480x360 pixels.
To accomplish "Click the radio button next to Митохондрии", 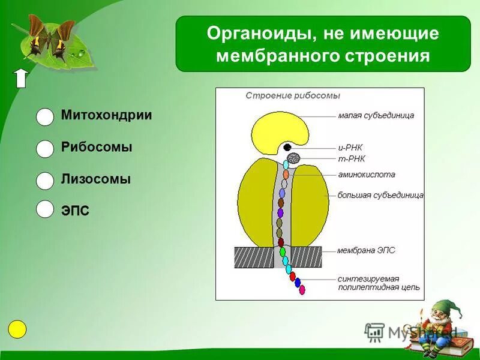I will point(45,117).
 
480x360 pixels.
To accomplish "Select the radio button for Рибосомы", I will point(45,149).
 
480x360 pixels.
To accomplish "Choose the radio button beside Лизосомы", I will point(45,181).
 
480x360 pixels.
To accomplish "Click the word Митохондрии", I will point(106,115).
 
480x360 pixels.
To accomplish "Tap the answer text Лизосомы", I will point(96,179).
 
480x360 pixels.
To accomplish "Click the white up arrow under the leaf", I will point(21,78).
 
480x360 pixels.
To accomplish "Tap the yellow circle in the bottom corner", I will point(17,329).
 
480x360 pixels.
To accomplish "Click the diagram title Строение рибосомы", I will point(293,96).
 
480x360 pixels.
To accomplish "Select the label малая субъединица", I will point(376,115).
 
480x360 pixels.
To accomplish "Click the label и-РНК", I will point(350,148).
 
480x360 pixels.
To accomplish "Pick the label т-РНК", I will point(352,159).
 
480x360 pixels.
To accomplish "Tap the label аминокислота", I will point(366,175).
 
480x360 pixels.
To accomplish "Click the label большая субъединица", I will point(380,195).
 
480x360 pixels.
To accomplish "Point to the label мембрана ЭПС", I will point(366,250).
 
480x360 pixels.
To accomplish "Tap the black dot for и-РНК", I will point(287,147).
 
